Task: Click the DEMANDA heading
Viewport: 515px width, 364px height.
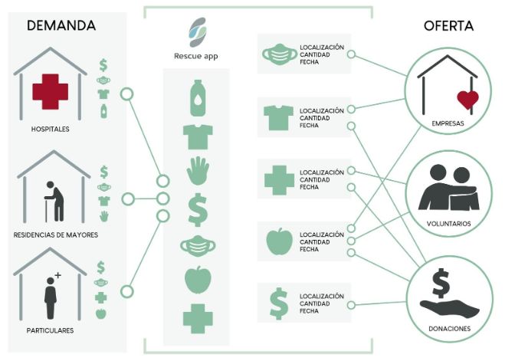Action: [x=61, y=25]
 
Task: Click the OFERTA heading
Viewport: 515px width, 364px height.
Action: [x=448, y=25]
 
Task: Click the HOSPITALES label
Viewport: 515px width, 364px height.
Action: [x=50, y=129]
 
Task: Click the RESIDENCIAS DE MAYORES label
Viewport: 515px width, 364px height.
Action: [x=55, y=234]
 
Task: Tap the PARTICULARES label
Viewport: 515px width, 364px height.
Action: [x=50, y=330]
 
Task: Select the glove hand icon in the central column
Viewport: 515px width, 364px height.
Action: [x=197, y=171]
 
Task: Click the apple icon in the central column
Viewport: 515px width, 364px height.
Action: [x=197, y=280]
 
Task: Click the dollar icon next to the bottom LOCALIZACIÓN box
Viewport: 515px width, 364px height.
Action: [x=277, y=300]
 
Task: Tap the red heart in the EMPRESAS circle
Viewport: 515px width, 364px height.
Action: [x=467, y=98]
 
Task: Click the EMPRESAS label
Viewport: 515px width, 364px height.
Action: [x=448, y=123]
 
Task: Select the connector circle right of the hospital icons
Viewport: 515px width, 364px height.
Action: [x=127, y=93]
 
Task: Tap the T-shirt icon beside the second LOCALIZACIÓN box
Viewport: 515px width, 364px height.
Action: [x=277, y=116]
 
